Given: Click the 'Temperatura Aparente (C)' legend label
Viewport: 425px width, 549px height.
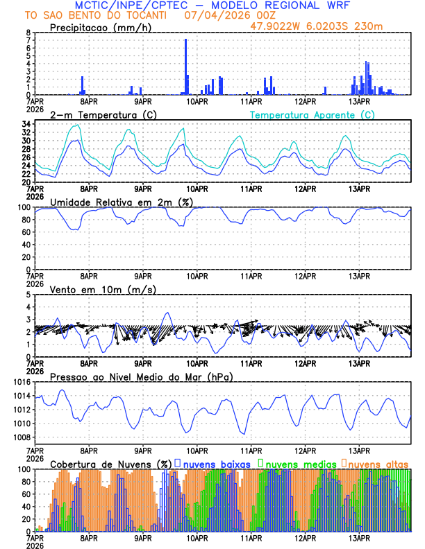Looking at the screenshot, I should click(312, 114).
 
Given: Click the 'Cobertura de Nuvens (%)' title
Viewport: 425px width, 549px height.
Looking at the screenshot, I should click(110, 463).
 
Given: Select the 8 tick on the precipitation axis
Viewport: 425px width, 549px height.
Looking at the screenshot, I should click(28, 33).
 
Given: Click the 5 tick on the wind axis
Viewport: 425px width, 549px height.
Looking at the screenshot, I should click(28, 295).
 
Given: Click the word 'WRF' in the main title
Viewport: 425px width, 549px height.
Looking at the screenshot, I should click(342, 5).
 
